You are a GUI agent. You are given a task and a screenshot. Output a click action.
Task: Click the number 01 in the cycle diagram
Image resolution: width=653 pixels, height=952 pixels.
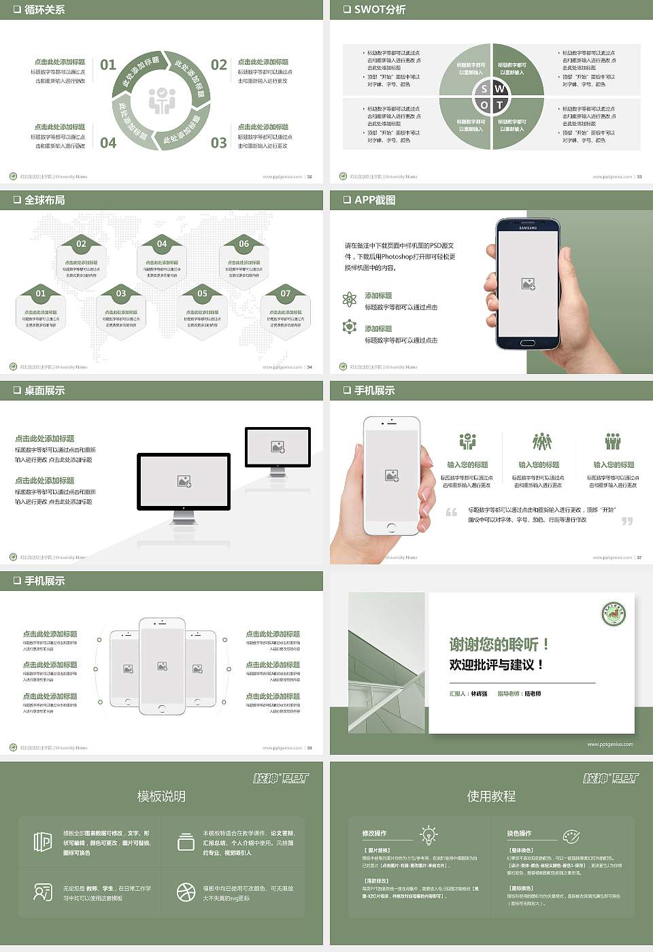click(x=108, y=65)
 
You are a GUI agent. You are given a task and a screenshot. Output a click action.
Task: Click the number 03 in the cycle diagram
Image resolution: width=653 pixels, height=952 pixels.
click(x=218, y=143)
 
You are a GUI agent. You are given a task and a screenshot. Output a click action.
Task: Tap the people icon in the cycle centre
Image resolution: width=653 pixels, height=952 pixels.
click(x=162, y=101)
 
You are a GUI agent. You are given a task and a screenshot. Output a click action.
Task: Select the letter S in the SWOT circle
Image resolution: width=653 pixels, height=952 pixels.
click(x=484, y=89)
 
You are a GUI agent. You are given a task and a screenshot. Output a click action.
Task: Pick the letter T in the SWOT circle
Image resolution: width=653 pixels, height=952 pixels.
click(x=500, y=105)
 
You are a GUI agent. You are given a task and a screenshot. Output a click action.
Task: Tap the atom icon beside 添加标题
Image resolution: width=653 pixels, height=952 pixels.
click(x=350, y=299)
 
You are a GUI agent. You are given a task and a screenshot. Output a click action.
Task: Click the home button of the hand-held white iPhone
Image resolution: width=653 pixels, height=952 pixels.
click(x=391, y=528)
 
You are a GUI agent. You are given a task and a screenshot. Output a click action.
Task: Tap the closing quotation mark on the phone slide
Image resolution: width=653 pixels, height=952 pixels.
click(x=626, y=521)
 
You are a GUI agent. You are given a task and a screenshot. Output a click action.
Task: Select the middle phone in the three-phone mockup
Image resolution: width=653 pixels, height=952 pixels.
click(x=162, y=666)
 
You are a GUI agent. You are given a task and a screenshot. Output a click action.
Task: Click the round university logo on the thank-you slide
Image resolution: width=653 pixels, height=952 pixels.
click(x=614, y=614)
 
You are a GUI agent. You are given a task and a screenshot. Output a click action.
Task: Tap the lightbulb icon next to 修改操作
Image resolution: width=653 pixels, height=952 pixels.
click(x=429, y=834)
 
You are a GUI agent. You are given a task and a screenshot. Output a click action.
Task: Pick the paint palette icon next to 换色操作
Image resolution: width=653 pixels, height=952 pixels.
click(x=571, y=836)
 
